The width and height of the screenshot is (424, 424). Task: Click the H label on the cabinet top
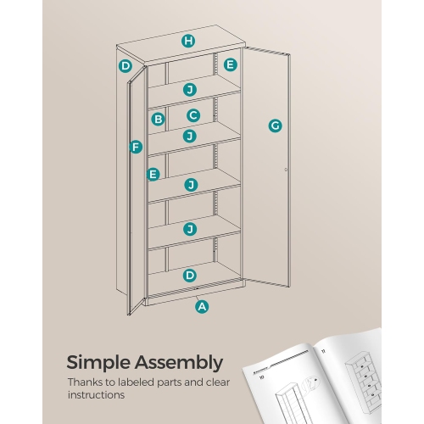188,42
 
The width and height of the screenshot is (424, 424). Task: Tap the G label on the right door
275,126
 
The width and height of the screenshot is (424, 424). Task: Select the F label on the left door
135,147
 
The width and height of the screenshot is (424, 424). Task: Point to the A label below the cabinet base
202,307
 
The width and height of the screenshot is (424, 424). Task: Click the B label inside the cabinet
158,120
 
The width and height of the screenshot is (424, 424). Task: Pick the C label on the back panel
193,115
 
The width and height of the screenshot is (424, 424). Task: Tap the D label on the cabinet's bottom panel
190,275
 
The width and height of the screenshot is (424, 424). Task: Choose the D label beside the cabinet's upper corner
126,66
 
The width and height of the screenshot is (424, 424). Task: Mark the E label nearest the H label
230,64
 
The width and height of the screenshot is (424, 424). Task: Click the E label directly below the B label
153,175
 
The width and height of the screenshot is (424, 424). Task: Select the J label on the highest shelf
190,89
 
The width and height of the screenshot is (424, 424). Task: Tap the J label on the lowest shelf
190,229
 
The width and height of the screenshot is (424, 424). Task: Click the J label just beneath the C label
190,136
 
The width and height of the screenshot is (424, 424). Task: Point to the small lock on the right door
286,170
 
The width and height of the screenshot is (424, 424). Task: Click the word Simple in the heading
103,363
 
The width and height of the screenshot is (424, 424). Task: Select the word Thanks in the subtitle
86,382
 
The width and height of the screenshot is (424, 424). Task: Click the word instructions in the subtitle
97,395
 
